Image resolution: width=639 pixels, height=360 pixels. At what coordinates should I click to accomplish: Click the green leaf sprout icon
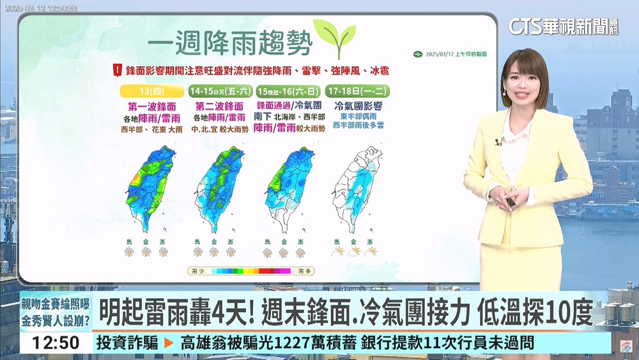(x=335, y=38)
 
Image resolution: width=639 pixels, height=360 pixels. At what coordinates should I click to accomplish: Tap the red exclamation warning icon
(x=117, y=69)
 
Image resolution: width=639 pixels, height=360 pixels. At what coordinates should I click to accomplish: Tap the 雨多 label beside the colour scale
(x=304, y=271)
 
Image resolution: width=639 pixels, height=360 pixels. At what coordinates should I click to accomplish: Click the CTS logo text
(x=525, y=26)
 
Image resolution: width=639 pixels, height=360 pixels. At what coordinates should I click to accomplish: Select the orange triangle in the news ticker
(x=169, y=343)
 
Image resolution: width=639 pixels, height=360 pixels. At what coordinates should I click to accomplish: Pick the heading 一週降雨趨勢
(x=230, y=44)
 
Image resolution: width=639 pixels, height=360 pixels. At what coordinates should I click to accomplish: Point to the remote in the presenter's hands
(x=511, y=201)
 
